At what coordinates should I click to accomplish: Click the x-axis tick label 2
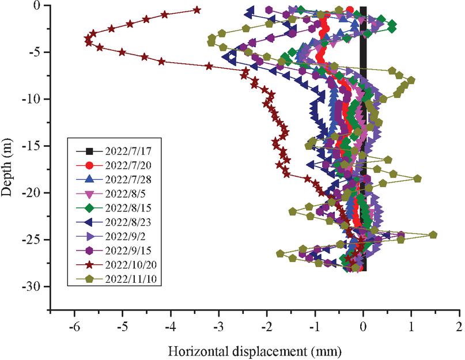459,327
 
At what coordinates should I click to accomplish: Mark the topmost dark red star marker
197,10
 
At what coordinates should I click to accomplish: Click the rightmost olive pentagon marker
433,234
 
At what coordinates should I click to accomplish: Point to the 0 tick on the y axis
40,6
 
